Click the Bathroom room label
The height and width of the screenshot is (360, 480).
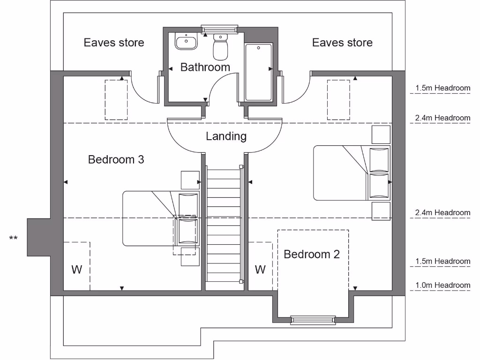coord(205,67)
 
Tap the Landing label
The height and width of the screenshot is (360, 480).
coord(226,136)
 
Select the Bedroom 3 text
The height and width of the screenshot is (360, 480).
coord(116,160)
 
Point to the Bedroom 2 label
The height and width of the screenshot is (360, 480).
coord(311,255)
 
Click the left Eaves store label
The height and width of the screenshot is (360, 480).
coord(114,43)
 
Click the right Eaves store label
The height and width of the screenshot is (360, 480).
coord(342,43)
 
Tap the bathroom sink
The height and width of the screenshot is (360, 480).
coord(187,41)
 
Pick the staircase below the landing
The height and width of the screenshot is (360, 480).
coord(223,225)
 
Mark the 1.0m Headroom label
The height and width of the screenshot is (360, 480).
coord(442,285)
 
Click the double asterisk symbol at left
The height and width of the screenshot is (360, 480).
coord(14,239)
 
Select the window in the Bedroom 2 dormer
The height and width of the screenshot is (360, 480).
coord(313,320)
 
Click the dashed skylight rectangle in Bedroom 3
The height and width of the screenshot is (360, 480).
coord(116,100)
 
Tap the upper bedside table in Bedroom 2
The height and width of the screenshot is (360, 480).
coord(381,135)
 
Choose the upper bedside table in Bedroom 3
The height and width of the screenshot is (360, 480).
coord(190,180)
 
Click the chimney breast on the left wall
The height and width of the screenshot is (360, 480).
coord(38,237)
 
